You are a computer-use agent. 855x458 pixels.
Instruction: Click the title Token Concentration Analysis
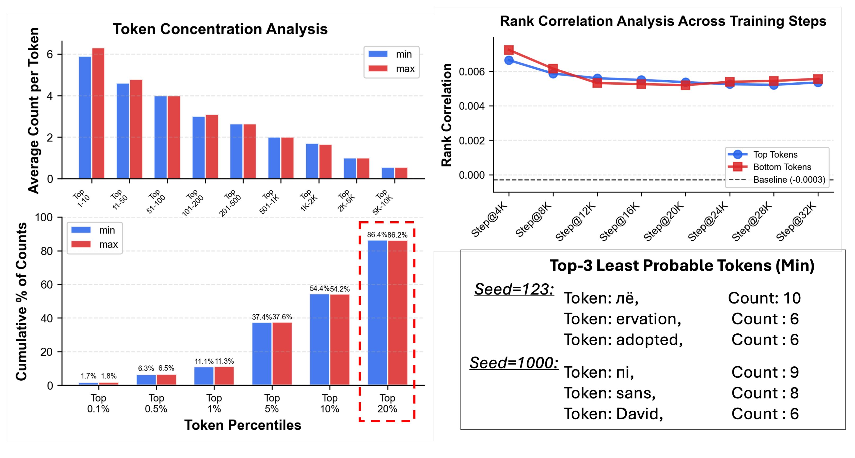220,29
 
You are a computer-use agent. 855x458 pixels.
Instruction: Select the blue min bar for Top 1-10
85,117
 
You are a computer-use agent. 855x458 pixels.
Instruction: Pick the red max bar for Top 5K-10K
401,173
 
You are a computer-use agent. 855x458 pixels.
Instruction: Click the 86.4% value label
377,235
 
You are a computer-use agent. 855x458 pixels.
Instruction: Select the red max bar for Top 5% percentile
282,354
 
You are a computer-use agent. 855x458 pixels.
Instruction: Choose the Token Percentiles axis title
243,425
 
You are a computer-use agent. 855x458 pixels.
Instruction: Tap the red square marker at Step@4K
509,50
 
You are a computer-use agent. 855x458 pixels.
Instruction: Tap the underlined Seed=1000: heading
514,363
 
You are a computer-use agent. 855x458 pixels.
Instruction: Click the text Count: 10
764,298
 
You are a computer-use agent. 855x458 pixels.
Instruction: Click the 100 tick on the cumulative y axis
44,218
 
